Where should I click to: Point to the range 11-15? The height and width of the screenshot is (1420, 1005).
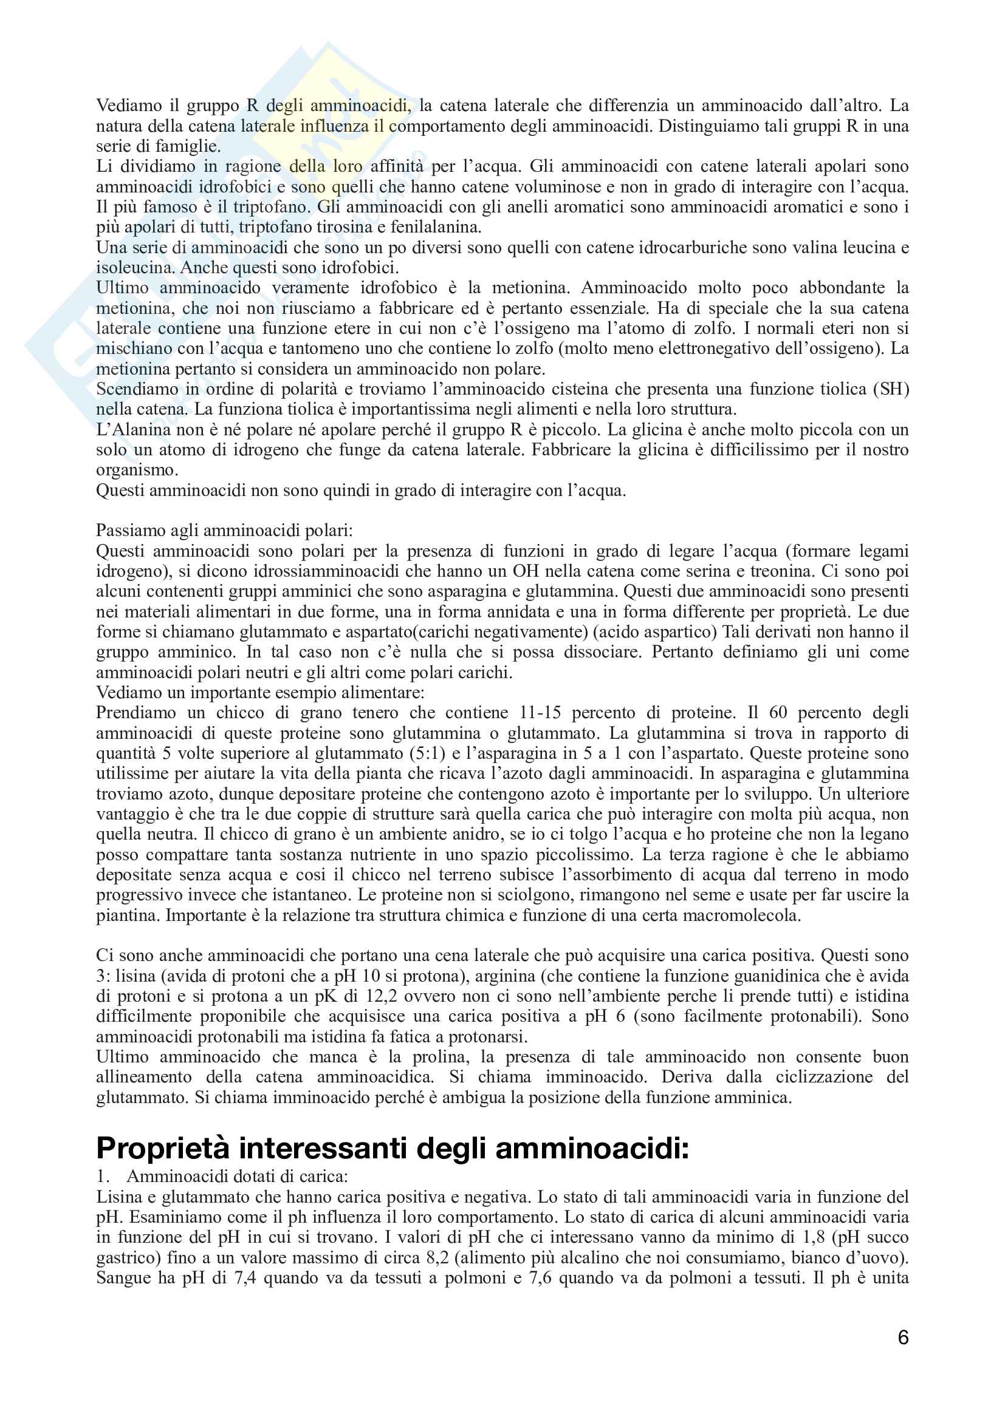(x=540, y=713)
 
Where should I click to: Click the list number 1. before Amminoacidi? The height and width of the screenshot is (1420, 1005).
(x=103, y=1177)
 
